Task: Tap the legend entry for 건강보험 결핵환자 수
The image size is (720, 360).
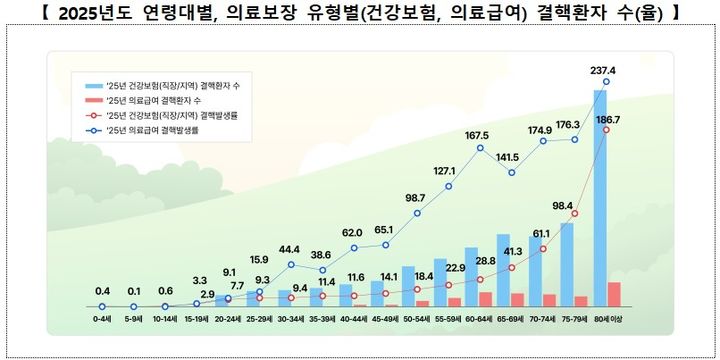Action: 179,86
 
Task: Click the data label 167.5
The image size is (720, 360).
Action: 477,135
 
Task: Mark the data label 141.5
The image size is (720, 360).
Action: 507,157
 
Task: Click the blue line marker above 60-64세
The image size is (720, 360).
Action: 479,149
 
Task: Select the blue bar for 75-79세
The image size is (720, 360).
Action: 567,264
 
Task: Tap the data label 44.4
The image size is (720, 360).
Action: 290,249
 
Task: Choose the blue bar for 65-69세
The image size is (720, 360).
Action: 504,270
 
